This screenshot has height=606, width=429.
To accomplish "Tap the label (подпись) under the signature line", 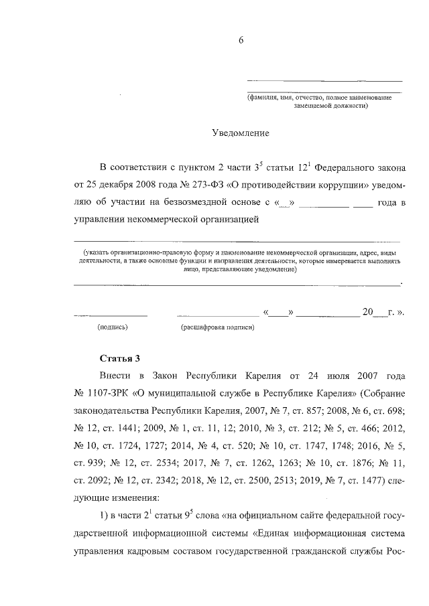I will (113, 327).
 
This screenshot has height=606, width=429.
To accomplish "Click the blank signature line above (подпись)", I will (110, 314).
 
